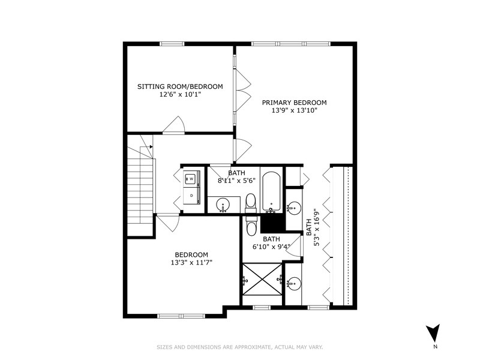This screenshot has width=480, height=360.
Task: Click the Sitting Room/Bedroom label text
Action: point(180,86)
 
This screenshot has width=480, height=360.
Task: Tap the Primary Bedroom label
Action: point(294,102)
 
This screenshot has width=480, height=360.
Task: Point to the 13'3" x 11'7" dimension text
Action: point(191,262)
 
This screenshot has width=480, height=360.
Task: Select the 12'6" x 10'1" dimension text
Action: point(180,95)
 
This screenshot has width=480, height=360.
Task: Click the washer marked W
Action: point(191,179)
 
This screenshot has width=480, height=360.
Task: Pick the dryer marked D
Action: point(191,196)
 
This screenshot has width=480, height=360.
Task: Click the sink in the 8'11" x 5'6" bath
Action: point(223,205)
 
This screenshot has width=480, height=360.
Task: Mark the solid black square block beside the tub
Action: point(272,223)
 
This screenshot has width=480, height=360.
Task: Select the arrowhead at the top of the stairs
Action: point(151,146)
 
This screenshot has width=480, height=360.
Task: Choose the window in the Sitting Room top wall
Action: point(172,43)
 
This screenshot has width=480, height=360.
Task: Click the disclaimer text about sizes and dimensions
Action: point(239,347)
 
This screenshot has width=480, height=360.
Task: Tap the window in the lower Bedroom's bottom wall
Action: point(181,316)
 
